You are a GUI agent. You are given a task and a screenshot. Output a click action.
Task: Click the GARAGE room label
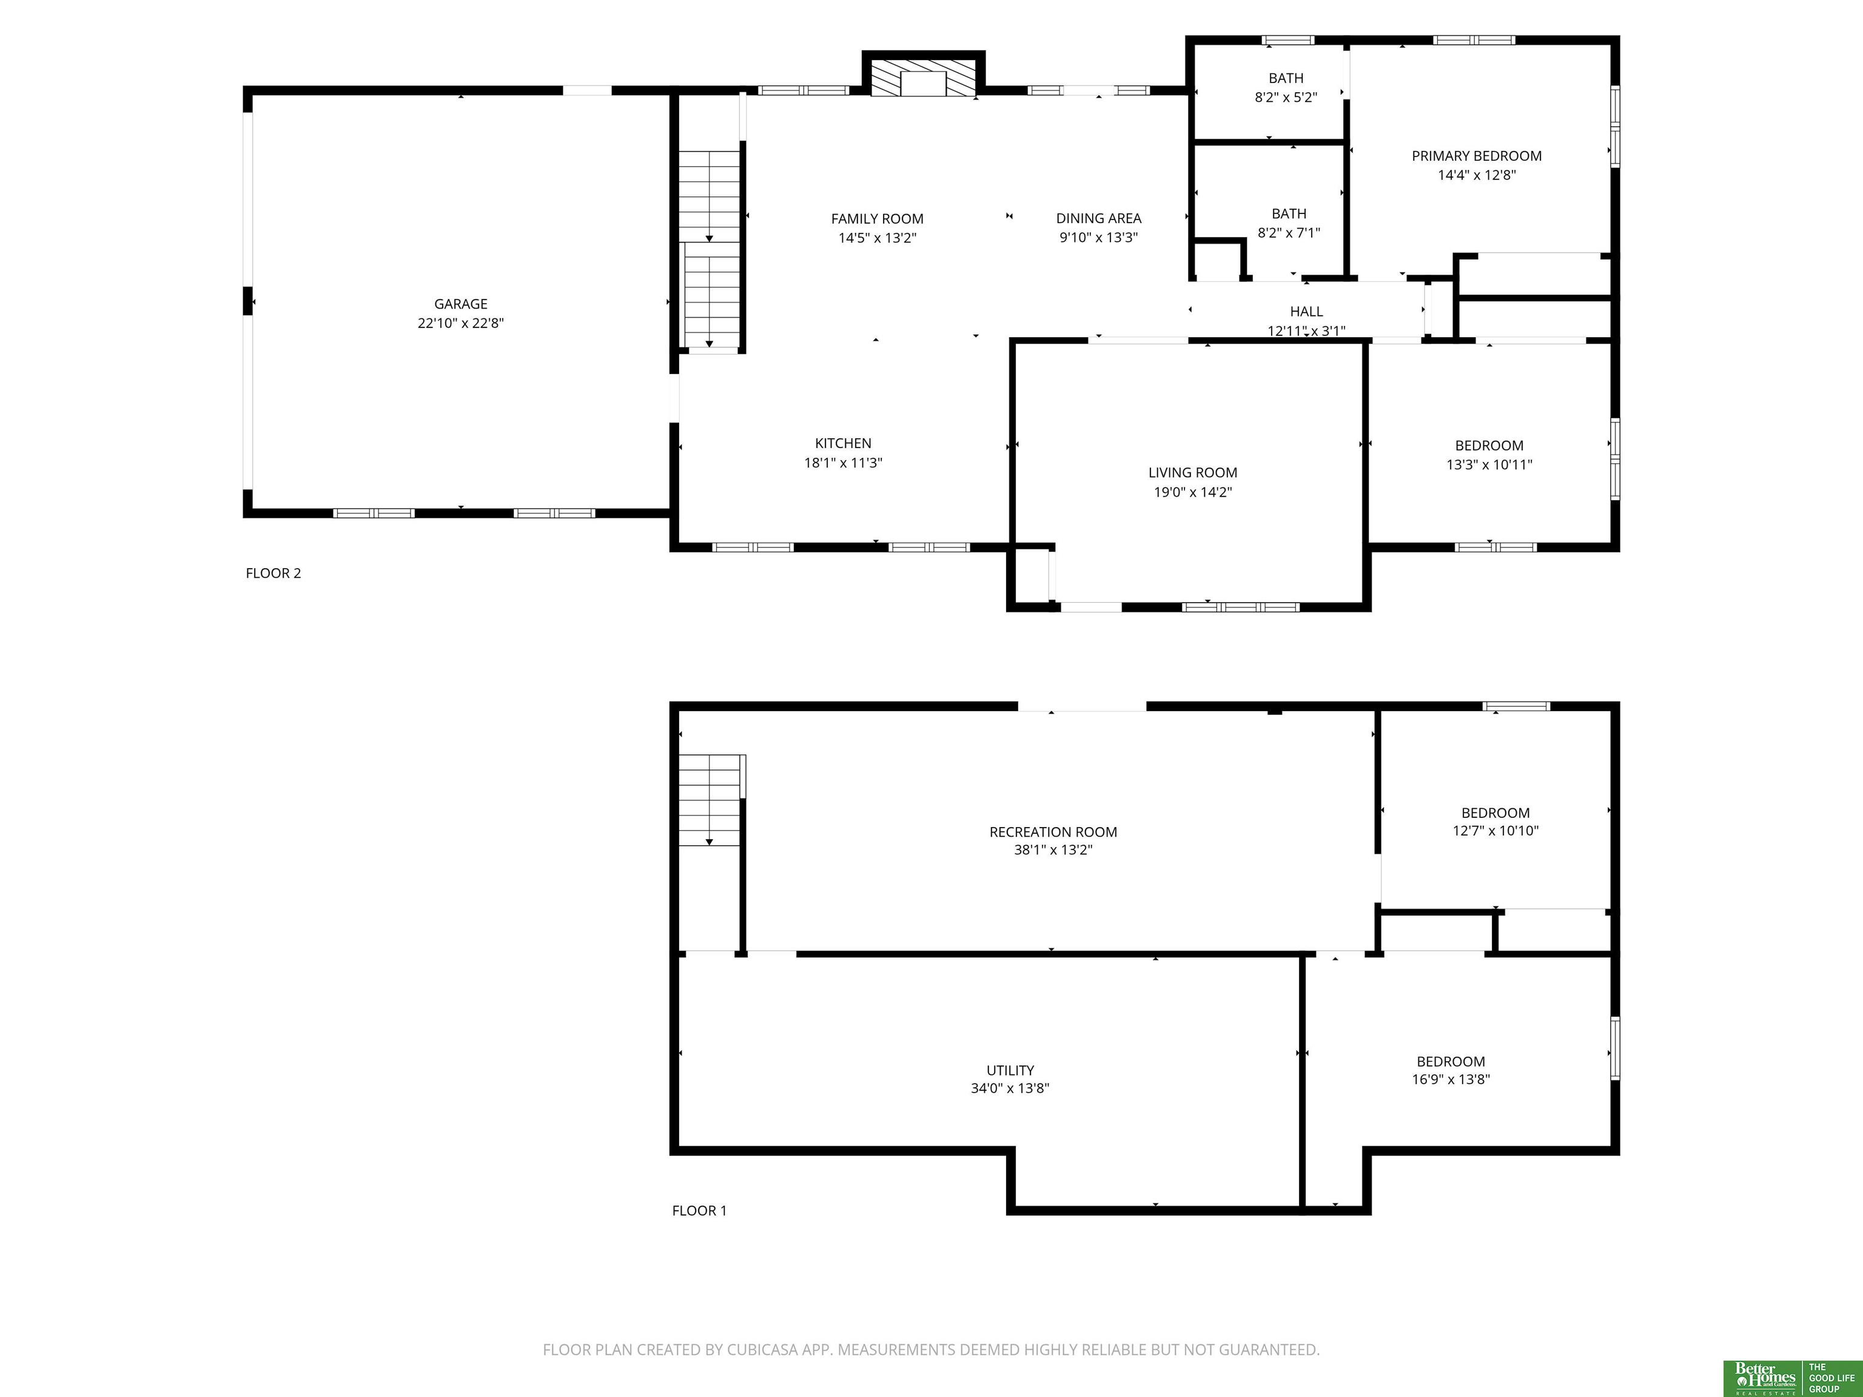(x=461, y=304)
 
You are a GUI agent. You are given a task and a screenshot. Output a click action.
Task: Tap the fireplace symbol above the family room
(x=923, y=78)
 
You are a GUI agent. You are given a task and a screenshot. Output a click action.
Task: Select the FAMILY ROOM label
(x=877, y=219)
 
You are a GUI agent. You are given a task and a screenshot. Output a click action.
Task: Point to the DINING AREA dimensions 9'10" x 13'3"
(x=1098, y=238)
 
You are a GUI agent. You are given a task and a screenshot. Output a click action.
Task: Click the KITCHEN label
(x=843, y=443)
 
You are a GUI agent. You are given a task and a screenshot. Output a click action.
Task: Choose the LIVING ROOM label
(x=1193, y=472)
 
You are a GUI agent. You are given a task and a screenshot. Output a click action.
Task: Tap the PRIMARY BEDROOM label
(x=1477, y=156)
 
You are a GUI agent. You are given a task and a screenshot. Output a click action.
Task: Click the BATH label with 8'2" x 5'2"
(x=1286, y=78)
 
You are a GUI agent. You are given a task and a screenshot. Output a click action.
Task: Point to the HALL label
(x=1306, y=312)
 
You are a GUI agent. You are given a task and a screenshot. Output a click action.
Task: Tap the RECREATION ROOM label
(x=1053, y=832)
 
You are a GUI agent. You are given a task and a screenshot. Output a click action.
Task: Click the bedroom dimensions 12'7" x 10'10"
(x=1495, y=830)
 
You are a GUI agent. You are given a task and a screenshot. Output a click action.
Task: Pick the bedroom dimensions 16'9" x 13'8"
(x=1450, y=1079)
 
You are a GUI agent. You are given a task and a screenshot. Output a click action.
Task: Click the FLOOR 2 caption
(x=273, y=574)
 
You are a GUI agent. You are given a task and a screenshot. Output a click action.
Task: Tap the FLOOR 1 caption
(x=699, y=1211)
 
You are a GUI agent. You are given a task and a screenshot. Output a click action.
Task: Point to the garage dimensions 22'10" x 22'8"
(x=461, y=323)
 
